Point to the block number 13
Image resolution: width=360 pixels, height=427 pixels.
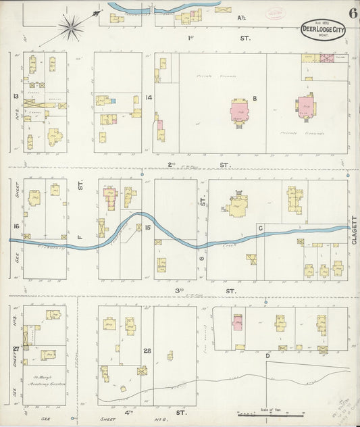(x=14, y=96)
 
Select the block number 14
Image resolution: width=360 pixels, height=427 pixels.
(x=148, y=98)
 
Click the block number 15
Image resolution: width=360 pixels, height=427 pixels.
(x=147, y=227)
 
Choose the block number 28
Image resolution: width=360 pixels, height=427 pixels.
(x=147, y=351)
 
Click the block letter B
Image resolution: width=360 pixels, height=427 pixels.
(x=255, y=99)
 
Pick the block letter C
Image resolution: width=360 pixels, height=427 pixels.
(x=260, y=228)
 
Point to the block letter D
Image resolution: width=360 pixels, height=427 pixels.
(x=268, y=355)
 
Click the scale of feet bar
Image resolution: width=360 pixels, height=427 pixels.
(x=270, y=414)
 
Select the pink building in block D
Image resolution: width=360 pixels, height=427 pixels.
(x=237, y=323)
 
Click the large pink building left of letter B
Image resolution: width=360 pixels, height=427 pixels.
(x=240, y=111)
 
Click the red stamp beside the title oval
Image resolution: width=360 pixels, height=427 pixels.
(x=276, y=13)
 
